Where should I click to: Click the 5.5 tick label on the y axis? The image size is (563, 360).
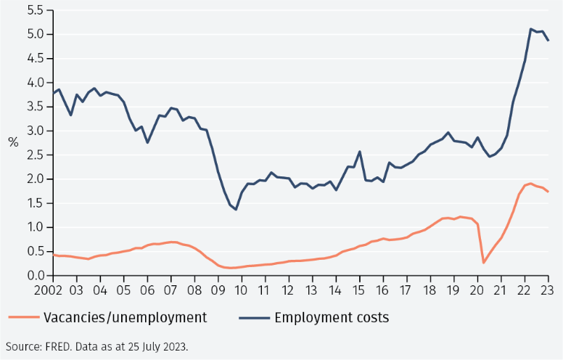coord(34,10)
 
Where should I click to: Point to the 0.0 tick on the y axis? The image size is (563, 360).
coord(34,276)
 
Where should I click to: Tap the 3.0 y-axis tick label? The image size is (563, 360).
coord(34,131)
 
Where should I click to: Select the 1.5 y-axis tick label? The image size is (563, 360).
coord(34,203)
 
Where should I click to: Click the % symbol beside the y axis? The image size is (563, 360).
coord(13,143)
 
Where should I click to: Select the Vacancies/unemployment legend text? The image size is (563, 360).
coord(126,317)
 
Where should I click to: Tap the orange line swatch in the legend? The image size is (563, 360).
coord(23,317)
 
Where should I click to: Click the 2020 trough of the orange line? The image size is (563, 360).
coord(484,262)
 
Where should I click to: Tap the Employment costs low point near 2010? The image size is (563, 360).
coord(236,210)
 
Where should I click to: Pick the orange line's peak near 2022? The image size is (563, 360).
coord(530,184)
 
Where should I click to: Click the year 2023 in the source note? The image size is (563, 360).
coord(176,346)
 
